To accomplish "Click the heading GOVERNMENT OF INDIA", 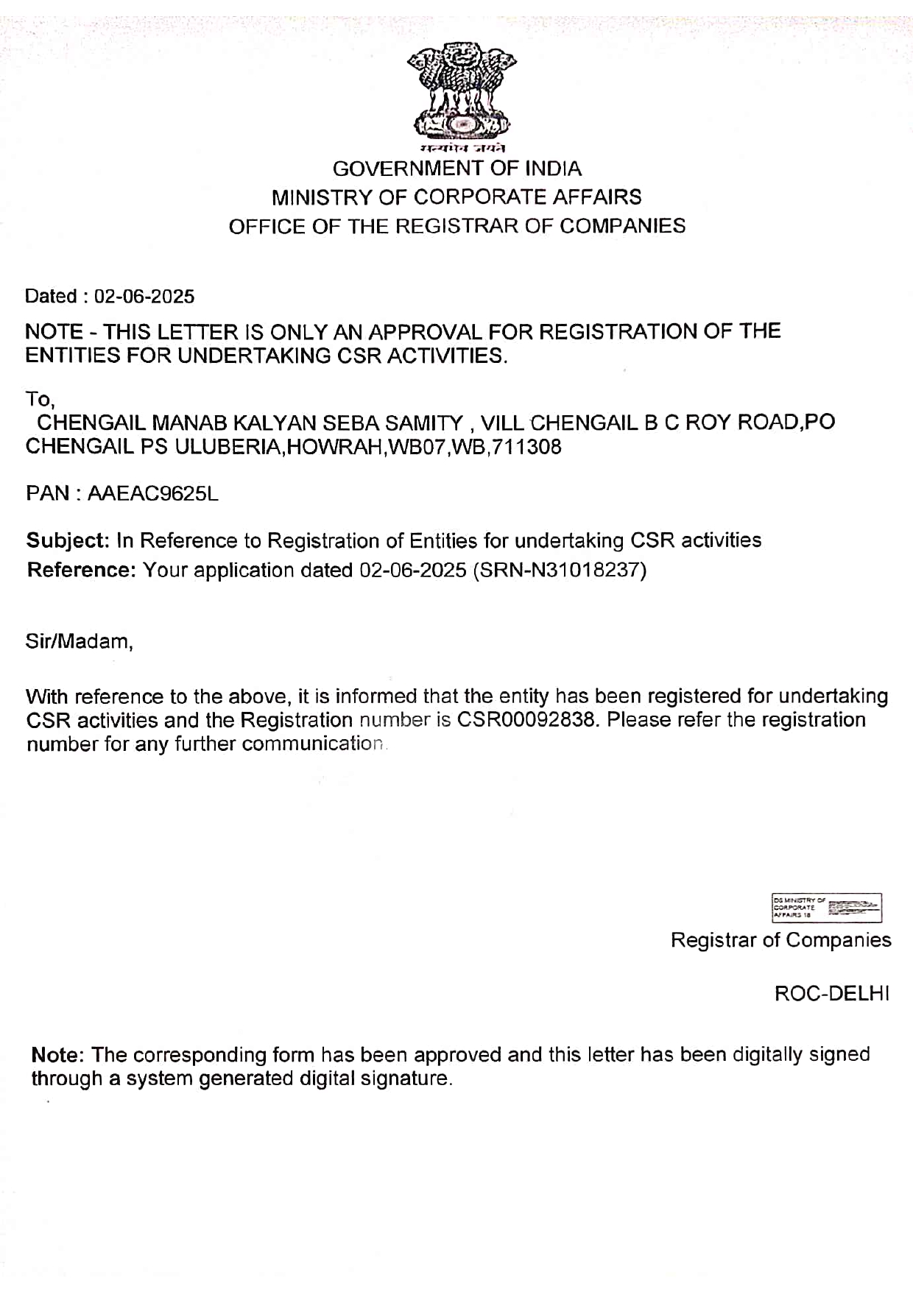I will (456, 169).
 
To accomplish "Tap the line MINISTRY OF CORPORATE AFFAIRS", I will (456, 197).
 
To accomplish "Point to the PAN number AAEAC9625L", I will (153, 493).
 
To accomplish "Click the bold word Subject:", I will (68, 541).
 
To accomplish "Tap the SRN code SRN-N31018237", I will (560, 571).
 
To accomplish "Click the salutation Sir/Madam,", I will (80, 641).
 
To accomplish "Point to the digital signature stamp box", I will (826, 908).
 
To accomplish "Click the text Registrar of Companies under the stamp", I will (780, 940).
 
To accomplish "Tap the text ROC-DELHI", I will (832, 994).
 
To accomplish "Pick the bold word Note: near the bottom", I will (58, 1055).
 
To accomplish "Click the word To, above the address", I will (40, 400).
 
